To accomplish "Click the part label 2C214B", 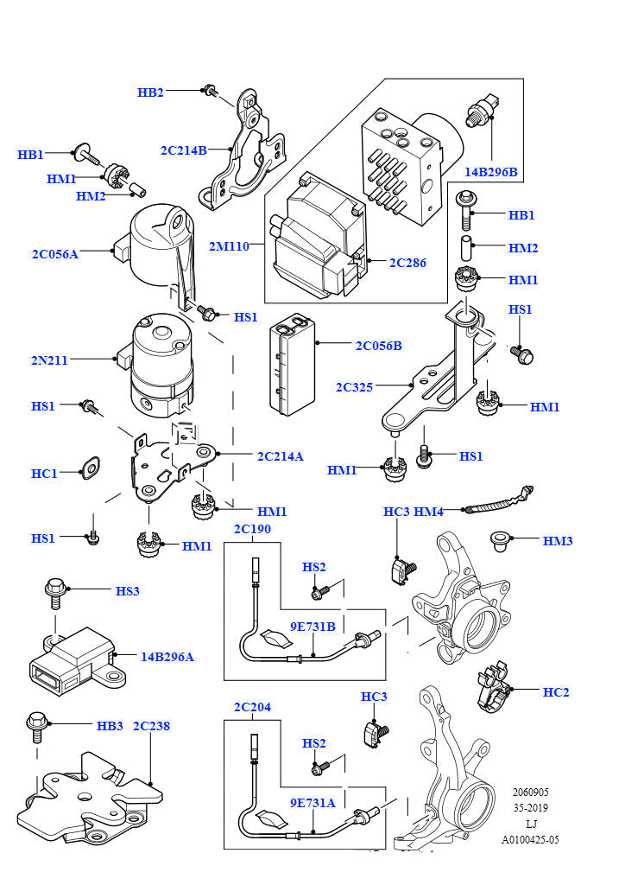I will (x=183, y=150).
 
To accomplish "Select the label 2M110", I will (x=229, y=246).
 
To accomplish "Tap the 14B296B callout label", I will (x=490, y=172).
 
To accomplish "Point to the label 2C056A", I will (x=55, y=254).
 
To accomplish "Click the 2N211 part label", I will (x=50, y=360).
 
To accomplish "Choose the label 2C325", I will (x=354, y=387).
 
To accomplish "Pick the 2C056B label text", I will (x=379, y=346).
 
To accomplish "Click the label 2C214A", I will (x=280, y=455).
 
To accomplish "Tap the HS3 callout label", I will (x=128, y=591).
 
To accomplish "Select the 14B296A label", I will (x=167, y=657).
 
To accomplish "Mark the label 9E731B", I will (x=312, y=627).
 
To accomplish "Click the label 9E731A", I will (x=312, y=802).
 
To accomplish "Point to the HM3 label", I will (x=558, y=541).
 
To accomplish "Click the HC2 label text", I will (x=556, y=692).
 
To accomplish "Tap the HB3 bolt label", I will (x=110, y=726).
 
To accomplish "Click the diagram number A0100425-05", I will (x=530, y=839).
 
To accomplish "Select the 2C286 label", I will (x=407, y=263).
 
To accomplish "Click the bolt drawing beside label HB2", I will (x=209, y=90).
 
